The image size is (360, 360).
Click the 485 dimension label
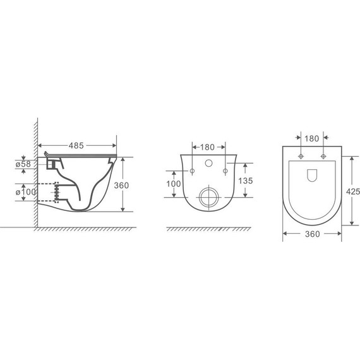[x=76, y=145]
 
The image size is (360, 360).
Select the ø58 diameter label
[x=23, y=164]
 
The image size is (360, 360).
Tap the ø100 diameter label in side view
[x=26, y=192]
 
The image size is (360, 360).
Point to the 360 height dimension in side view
[x=121, y=186]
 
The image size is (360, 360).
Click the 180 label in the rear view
[x=207, y=147]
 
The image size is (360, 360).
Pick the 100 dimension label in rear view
[x=174, y=184]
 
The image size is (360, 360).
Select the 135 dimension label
[x=246, y=181]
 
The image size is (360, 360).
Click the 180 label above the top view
[x=311, y=139]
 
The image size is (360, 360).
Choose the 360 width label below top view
[x=313, y=234]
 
